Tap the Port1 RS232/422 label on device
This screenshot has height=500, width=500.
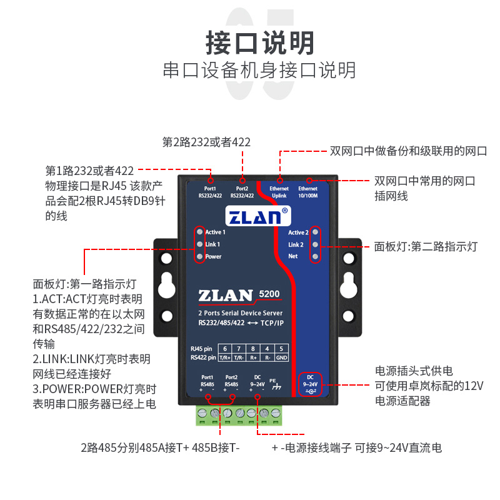click(x=210, y=192)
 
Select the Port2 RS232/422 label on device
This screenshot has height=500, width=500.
click(x=242, y=192)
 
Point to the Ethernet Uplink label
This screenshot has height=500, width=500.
click(x=279, y=192)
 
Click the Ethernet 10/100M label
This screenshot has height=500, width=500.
click(x=307, y=192)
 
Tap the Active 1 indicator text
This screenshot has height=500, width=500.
click(x=216, y=232)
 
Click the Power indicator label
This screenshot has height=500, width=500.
click(x=213, y=257)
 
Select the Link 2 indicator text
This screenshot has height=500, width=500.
click(x=296, y=244)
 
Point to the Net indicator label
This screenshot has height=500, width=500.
click(x=292, y=257)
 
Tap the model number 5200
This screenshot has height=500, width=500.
click(x=269, y=292)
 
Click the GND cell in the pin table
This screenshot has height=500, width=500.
click(x=281, y=357)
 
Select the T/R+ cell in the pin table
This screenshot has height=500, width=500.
click(x=225, y=357)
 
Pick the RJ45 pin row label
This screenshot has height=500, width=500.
click(x=201, y=348)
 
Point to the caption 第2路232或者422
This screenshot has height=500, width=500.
click(x=206, y=142)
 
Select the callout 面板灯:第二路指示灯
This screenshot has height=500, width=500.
click(x=425, y=247)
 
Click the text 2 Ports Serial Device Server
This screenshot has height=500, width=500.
click(x=241, y=312)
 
